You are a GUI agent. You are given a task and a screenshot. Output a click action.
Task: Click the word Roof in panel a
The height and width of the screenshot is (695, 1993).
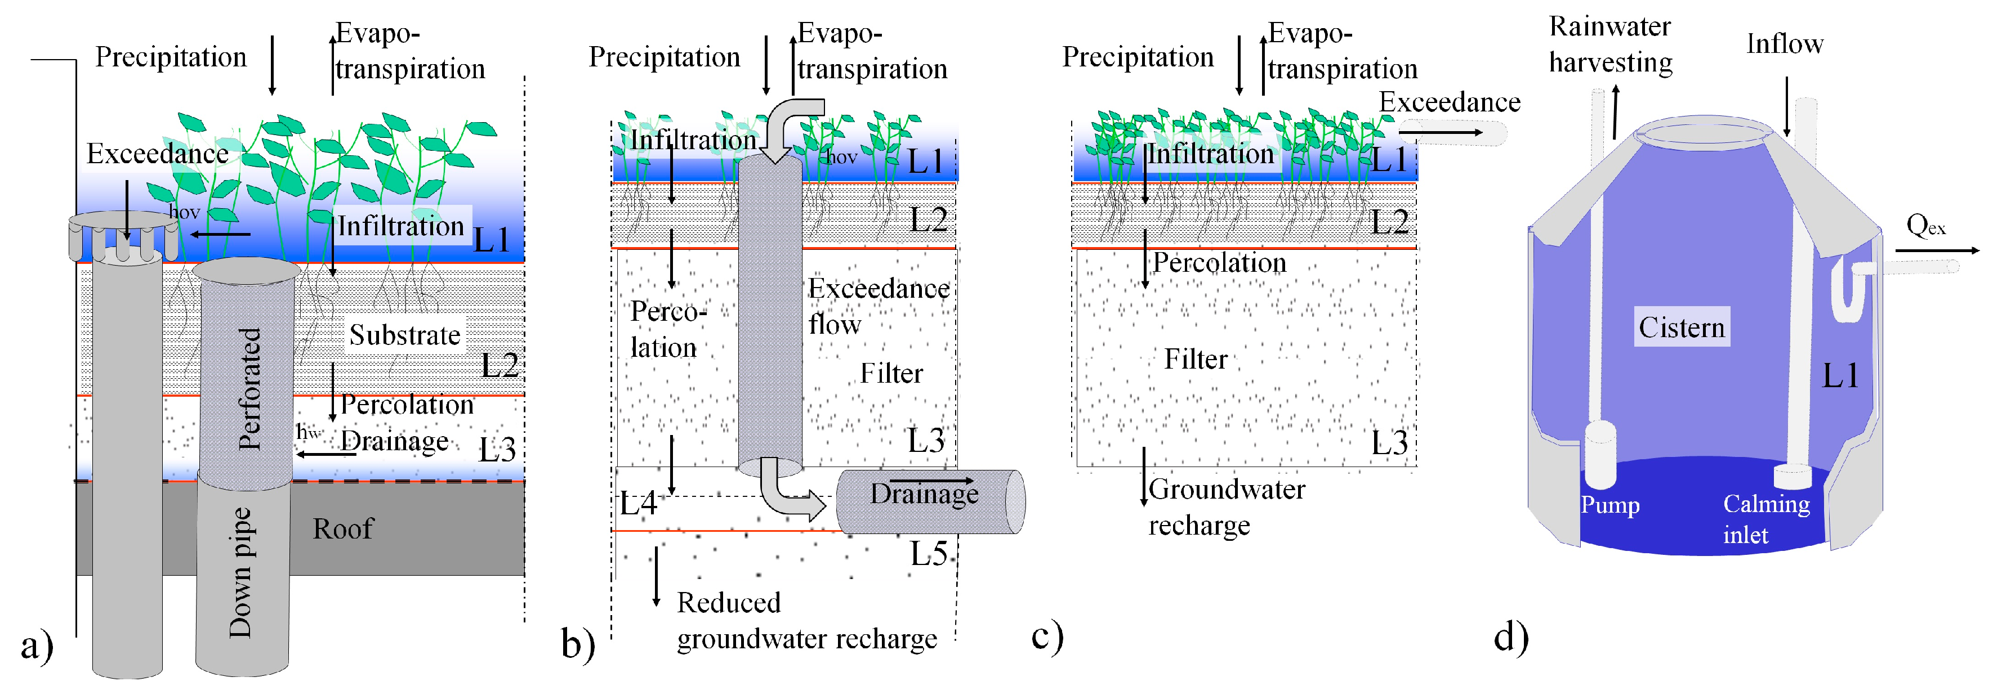(x=343, y=530)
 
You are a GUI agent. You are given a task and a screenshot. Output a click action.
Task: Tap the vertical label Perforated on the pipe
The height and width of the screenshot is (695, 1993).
(x=249, y=389)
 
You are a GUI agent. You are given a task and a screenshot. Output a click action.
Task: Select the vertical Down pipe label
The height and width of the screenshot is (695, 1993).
(x=240, y=573)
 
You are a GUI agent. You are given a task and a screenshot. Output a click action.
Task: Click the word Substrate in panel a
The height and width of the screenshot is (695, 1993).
(x=405, y=335)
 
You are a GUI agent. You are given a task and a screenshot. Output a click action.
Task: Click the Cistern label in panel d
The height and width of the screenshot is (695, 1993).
(x=1681, y=328)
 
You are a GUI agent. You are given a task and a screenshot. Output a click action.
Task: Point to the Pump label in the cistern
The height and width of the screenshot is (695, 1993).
(x=1610, y=505)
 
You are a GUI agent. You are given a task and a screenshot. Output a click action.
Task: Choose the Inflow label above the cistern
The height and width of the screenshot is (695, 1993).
(x=1784, y=44)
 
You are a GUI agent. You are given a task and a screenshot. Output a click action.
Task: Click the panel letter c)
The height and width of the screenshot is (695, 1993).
(x=1047, y=636)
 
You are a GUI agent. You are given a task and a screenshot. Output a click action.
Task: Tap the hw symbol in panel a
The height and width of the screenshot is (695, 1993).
(x=308, y=433)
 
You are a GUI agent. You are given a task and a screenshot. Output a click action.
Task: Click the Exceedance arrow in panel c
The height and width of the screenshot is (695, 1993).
(x=1441, y=133)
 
